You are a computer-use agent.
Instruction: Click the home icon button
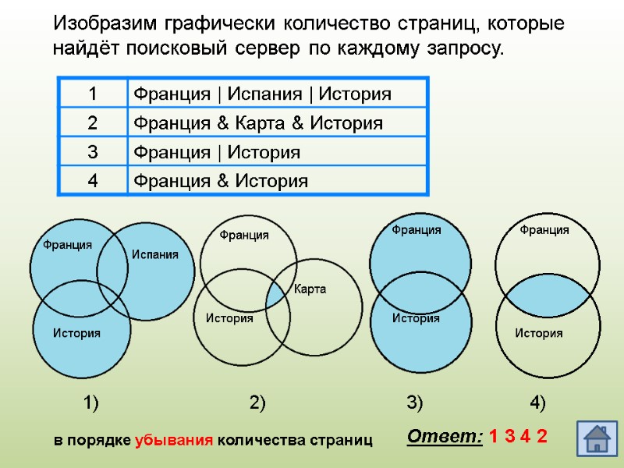(596, 438)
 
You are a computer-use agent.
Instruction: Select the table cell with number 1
(92, 94)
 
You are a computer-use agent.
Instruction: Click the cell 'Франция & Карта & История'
(276, 123)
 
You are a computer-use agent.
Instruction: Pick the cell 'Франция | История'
(276, 152)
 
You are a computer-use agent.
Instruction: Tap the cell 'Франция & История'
(276, 181)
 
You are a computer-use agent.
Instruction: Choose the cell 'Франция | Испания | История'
(276, 94)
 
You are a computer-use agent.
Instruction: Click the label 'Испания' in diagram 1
(154, 254)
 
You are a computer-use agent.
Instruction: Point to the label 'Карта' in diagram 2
(310, 289)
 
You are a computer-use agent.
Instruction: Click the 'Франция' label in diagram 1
(67, 245)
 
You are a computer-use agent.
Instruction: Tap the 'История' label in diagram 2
(229, 318)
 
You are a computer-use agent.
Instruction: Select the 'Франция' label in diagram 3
(416, 230)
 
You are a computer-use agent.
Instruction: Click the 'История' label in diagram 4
(539, 334)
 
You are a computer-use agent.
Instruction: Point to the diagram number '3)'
(414, 403)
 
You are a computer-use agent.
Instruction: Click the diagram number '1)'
(91, 403)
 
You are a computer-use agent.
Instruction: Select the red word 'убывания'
(174, 440)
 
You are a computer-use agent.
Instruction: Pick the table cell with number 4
(92, 181)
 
